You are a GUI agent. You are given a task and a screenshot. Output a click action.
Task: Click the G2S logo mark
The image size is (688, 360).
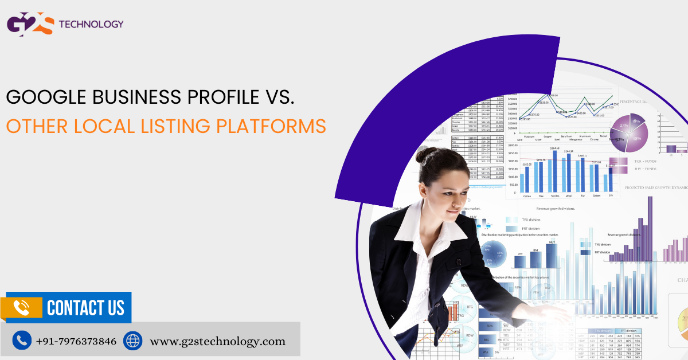pos(30,25)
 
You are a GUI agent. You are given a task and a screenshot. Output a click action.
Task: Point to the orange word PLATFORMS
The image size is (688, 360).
pos(269,126)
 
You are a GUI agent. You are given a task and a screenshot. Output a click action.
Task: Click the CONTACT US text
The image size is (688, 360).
pos(85,308)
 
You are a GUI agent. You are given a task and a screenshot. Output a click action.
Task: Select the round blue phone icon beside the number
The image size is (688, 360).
pos(22,341)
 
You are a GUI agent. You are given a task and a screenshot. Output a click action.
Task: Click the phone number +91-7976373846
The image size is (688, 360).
pos(76,341)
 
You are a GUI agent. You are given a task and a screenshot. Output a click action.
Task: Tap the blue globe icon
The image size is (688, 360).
pos(132,341)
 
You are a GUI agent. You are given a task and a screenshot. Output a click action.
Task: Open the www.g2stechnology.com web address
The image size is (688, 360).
pos(217,341)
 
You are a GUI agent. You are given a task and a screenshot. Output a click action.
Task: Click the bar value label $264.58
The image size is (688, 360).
pos(554,148)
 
